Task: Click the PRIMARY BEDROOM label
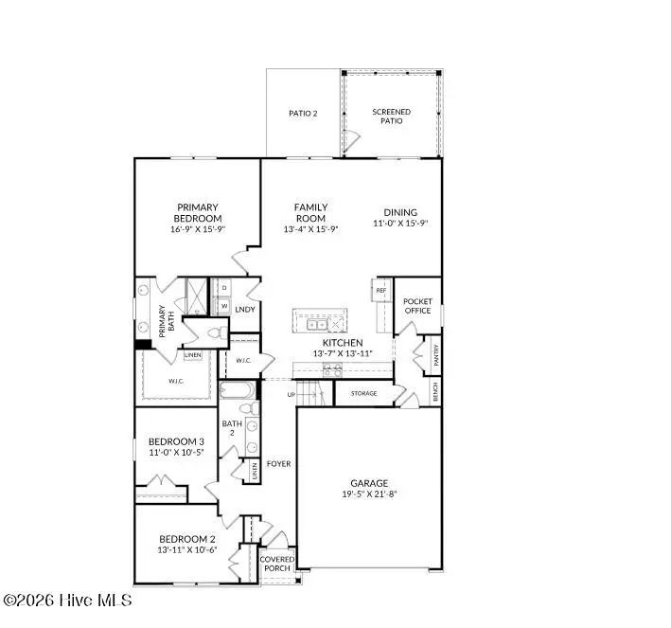pos(197,213)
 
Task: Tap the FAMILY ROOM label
pos(310,212)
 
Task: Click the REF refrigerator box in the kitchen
pos(380,291)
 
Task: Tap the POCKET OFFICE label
pos(417,305)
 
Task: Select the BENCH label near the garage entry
pos(435,391)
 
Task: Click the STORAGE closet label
pos(363,393)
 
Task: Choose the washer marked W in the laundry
pos(223,306)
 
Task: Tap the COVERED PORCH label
pos(277,565)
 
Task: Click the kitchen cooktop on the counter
pos(332,371)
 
